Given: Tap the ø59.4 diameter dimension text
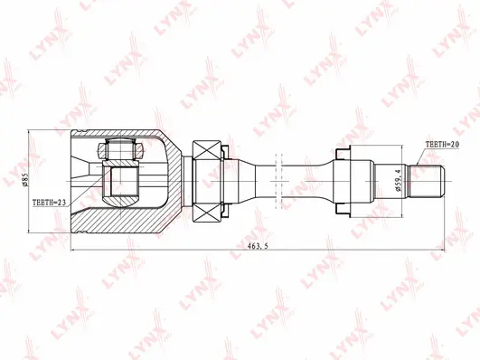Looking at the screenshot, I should click(x=398, y=178).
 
